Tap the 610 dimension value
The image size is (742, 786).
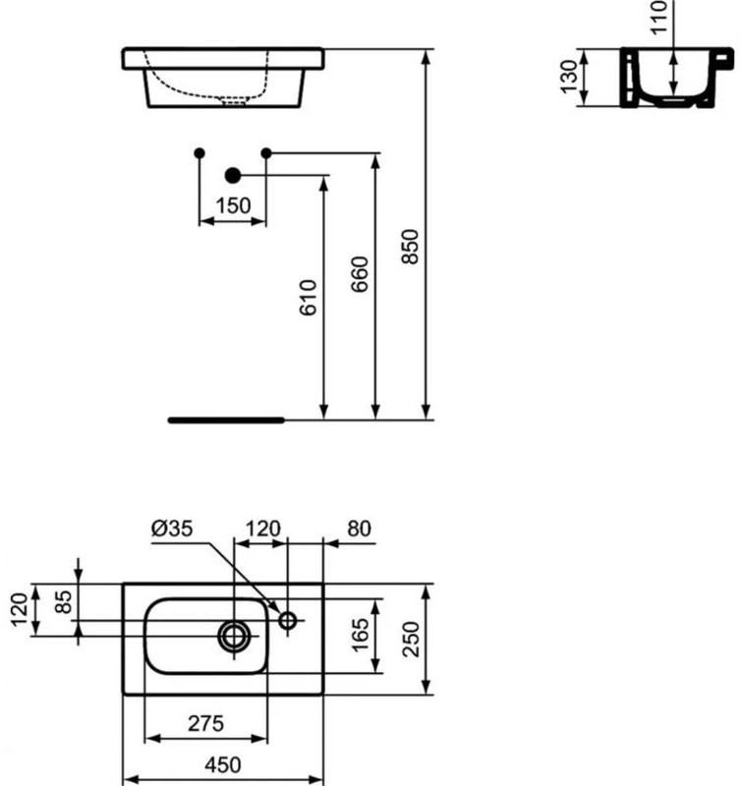[309, 296]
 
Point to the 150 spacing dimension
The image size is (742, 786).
[233, 206]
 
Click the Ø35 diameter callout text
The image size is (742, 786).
[172, 529]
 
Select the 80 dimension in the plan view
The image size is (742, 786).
[360, 529]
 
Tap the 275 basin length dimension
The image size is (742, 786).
[205, 723]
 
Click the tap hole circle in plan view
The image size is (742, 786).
[288, 620]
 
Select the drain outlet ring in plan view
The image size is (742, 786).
[235, 635]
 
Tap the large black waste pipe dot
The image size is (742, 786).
[233, 176]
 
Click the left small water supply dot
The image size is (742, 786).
[200, 152]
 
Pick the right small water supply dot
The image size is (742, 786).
[266, 152]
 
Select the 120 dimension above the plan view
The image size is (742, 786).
[262, 529]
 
